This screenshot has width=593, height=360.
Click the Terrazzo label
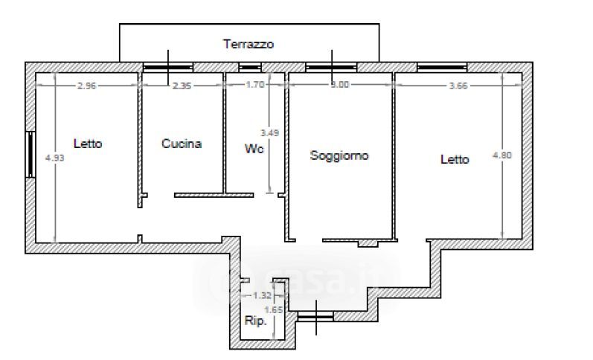249,44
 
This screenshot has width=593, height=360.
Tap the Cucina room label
182,144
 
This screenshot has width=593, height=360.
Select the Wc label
253,148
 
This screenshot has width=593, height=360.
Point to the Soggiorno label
339,155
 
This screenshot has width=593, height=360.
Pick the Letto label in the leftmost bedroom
88,144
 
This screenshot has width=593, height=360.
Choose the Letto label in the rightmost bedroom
455,159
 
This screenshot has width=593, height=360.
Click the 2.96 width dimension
86,85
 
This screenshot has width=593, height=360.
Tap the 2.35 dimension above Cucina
182,85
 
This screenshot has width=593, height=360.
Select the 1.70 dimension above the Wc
255,85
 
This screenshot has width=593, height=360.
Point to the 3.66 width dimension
458,85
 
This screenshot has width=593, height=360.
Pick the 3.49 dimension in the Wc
269,133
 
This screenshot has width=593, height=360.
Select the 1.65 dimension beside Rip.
274,309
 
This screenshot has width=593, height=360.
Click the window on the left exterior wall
31,154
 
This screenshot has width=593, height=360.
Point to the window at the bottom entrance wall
315,316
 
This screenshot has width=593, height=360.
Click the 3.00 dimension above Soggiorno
339,85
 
